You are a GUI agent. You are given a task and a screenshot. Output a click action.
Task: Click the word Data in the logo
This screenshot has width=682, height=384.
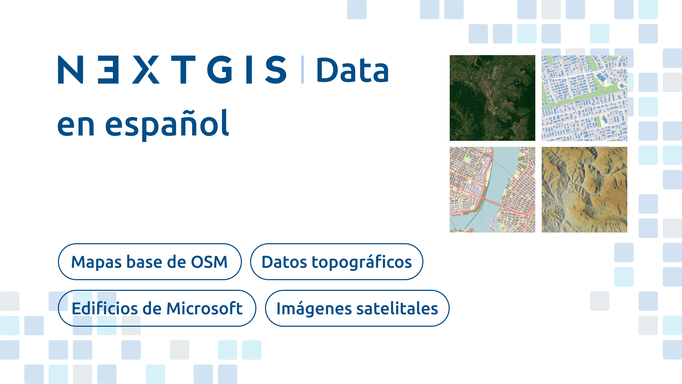[352, 70]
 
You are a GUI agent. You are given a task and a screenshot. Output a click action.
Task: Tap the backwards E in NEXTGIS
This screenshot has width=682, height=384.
[108, 70]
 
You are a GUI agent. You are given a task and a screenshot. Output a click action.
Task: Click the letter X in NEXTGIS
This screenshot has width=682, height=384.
[146, 70]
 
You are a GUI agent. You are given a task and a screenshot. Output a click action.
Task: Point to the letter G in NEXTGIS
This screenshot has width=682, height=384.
[220, 70]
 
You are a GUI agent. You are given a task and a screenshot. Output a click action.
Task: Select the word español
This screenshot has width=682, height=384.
[167, 123]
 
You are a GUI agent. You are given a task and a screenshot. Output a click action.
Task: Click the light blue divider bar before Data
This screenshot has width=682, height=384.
[302, 70]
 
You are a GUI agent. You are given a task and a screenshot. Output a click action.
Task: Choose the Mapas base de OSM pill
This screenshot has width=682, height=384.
[150, 262]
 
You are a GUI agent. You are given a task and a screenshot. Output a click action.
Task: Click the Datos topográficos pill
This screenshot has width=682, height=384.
[336, 262]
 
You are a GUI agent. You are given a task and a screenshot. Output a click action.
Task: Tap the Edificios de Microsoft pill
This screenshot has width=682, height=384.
[157, 308]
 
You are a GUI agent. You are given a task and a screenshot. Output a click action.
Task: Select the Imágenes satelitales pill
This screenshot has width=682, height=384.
[357, 308]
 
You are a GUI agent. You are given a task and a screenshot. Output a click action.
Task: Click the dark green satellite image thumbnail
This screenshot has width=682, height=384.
[492, 98]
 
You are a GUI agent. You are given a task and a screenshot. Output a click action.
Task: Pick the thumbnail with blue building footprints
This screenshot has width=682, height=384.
[584, 98]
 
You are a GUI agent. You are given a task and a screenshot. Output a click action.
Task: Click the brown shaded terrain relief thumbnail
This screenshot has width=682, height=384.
[584, 190]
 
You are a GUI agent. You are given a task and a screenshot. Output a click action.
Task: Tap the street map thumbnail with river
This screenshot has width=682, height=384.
[492, 190]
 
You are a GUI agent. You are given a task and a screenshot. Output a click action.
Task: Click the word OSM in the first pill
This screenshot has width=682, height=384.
[209, 262]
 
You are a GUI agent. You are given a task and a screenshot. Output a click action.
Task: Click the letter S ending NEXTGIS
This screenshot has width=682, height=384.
[276, 70]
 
